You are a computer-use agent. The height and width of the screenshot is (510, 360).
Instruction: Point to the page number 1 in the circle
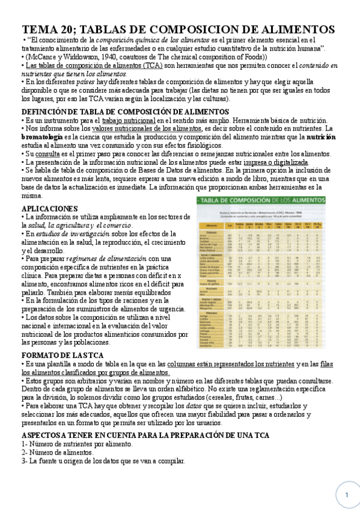pyautogui.click(x=347, y=494)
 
